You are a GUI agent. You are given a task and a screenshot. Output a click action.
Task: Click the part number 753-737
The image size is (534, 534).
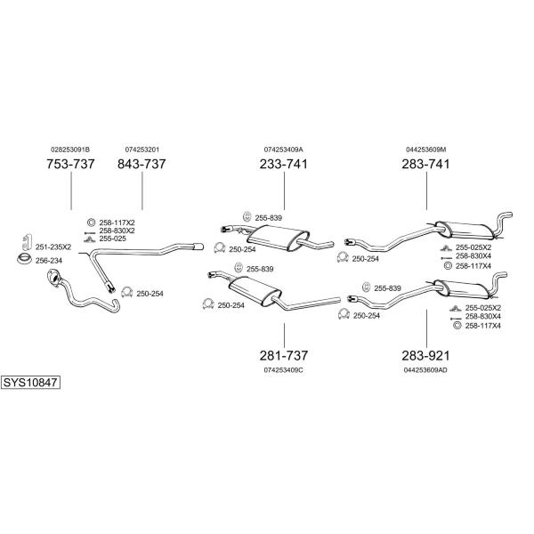click(x=70, y=164)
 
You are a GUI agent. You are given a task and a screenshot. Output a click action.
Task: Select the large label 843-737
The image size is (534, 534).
click(x=142, y=164)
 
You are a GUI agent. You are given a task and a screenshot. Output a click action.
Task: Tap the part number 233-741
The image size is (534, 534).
click(x=284, y=164)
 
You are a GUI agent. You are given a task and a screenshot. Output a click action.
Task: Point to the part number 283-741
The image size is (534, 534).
click(x=425, y=164)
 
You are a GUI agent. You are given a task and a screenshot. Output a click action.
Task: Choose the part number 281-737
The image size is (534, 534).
click(x=284, y=355)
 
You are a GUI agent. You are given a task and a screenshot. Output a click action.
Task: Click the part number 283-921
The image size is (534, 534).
click(x=425, y=355)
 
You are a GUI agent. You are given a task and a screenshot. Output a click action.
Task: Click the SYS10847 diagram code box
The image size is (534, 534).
click(x=30, y=383)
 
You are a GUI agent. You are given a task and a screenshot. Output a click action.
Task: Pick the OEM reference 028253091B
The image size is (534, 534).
click(x=70, y=150)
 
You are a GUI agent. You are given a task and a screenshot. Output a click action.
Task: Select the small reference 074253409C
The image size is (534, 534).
click(x=283, y=370)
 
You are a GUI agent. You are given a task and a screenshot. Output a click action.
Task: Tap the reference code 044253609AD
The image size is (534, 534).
click(x=425, y=370)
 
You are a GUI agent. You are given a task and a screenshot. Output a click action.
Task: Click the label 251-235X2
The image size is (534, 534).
click(x=53, y=247)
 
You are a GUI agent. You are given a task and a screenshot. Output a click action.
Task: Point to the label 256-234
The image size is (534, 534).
click(x=49, y=261)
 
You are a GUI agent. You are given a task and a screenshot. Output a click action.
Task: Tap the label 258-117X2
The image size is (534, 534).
click(x=117, y=222)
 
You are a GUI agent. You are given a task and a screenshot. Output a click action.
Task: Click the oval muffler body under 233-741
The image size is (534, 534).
click(x=278, y=238)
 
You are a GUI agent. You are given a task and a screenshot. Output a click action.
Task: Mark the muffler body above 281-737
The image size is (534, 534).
click(x=255, y=289)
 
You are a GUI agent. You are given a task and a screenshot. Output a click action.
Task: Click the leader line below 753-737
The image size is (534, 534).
click(x=71, y=190)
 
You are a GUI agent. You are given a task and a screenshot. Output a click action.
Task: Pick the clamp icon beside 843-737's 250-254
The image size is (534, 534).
click(x=126, y=292)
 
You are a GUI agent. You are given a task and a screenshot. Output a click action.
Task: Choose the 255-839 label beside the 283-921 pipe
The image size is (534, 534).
click(x=387, y=288)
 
